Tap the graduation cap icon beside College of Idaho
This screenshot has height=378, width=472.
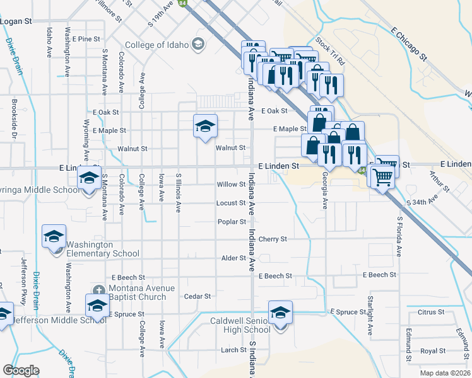(x=198, y=43)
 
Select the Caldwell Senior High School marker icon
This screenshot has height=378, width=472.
(x=280, y=312)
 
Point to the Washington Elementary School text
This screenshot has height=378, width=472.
(x=103, y=249)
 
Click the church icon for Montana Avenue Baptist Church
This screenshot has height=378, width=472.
(x=97, y=290)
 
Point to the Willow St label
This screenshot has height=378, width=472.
(x=231, y=185)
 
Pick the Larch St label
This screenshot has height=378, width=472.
(x=233, y=350)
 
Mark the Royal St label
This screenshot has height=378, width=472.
(x=433, y=351)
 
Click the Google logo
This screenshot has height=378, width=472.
(x=21, y=370)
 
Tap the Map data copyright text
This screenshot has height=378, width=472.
(x=445, y=373)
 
